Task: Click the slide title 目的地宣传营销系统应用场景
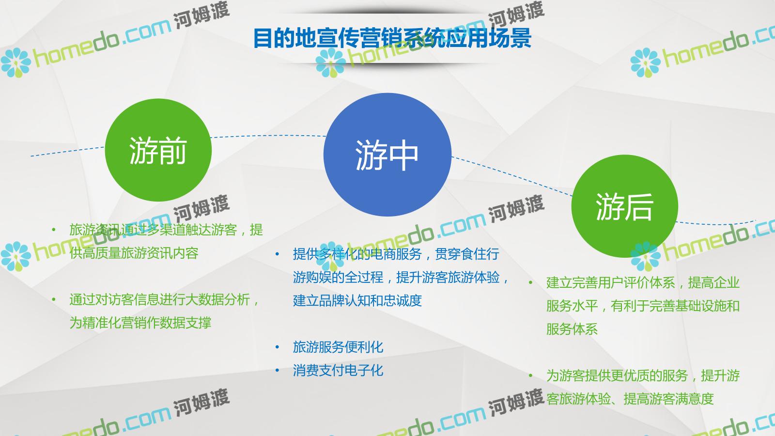pyautogui.click(x=392, y=38)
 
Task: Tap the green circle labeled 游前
pyautogui.click(x=158, y=150)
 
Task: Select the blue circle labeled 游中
pyautogui.click(x=387, y=155)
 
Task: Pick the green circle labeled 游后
pyautogui.click(x=624, y=206)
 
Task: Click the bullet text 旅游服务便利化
pyautogui.click(x=338, y=347)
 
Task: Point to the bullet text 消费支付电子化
pyautogui.click(x=338, y=370)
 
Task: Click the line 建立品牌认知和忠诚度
pyautogui.click(x=357, y=300)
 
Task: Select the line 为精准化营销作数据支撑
pyautogui.click(x=140, y=323)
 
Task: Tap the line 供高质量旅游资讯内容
pyautogui.click(x=134, y=253)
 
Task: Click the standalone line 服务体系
pyautogui.click(x=572, y=329)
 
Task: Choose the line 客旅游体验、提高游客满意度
pyautogui.click(x=630, y=399)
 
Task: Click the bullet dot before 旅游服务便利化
pyautogui.click(x=277, y=347)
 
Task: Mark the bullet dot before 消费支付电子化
pyautogui.click(x=277, y=370)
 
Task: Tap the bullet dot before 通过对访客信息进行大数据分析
pyautogui.click(x=54, y=299)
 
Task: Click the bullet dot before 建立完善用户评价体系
pyautogui.click(x=530, y=283)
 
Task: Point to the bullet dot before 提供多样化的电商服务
pyautogui.click(x=277, y=254)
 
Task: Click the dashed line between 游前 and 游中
pyautogui.click(x=268, y=136)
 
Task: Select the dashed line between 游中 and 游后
pyautogui.click(x=511, y=175)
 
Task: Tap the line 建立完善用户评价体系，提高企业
pyautogui.click(x=643, y=283)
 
